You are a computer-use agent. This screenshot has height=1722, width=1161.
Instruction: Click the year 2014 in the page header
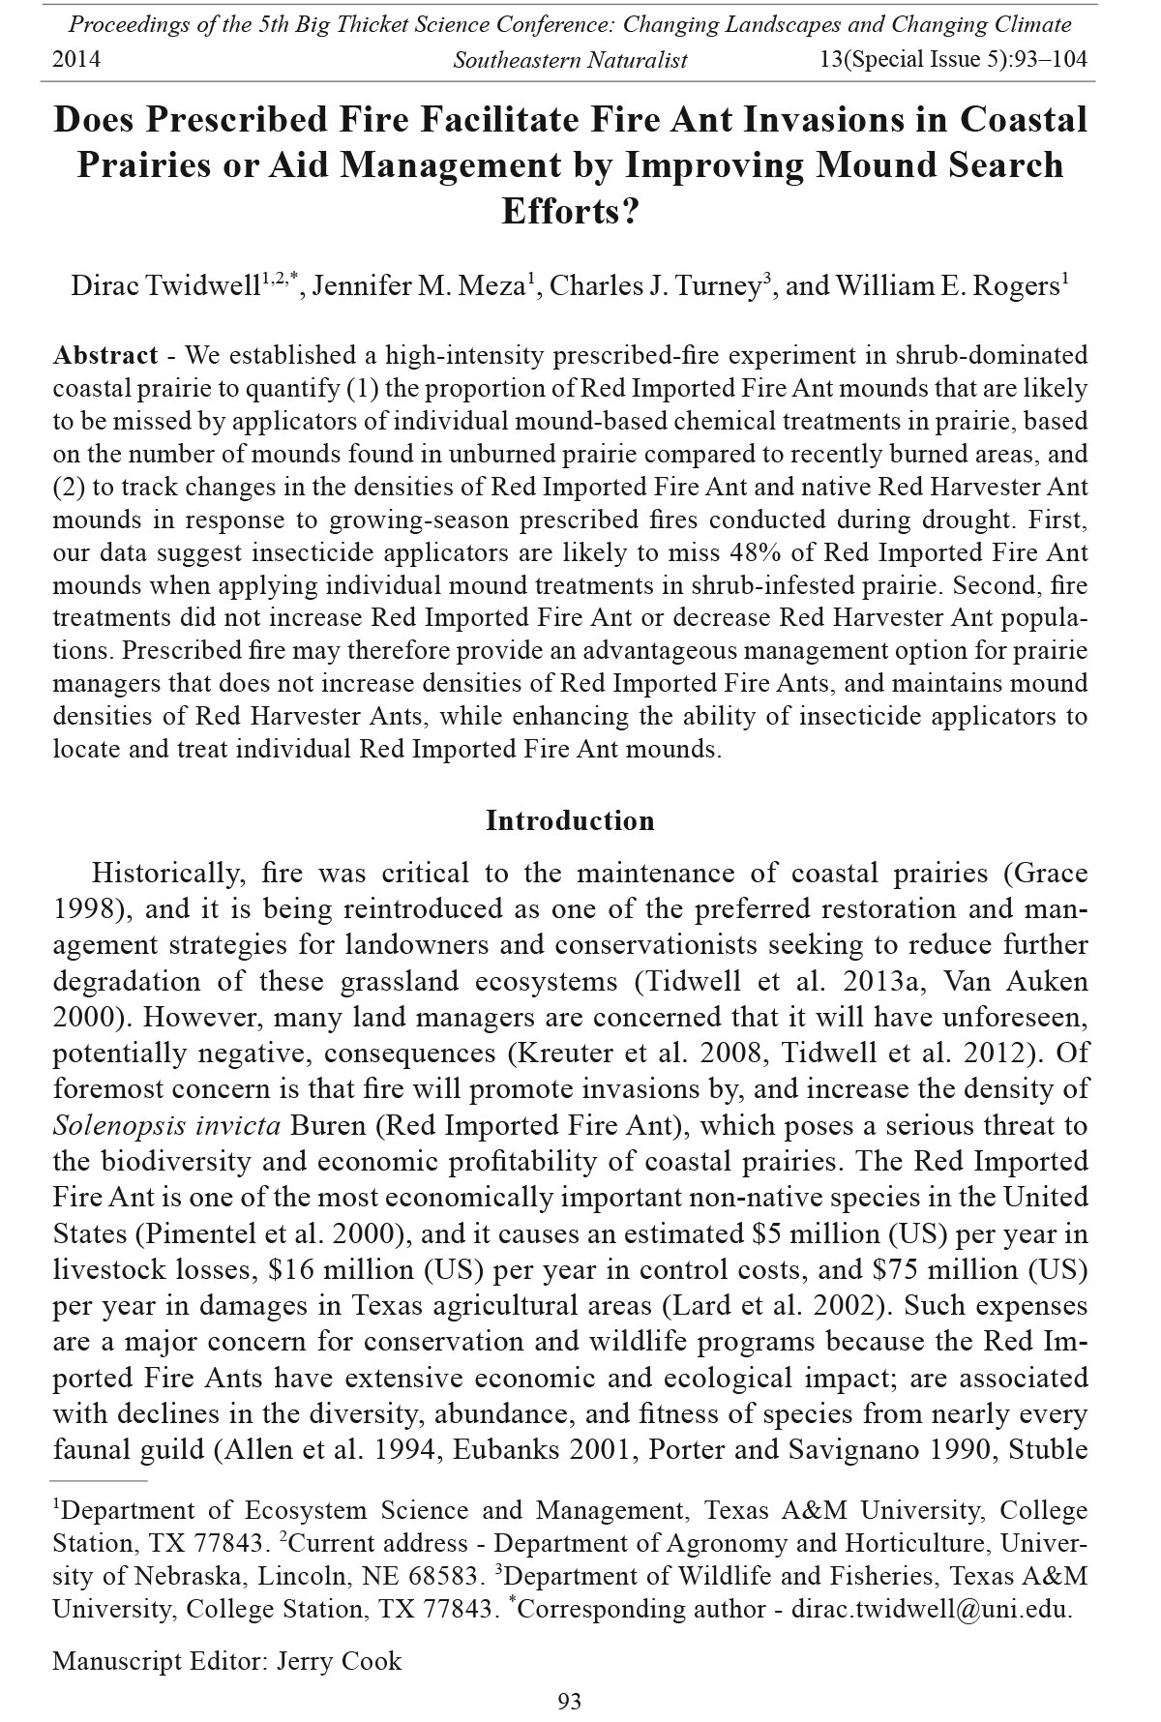point(76,60)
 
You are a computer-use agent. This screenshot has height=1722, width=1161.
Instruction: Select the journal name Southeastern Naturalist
point(570,60)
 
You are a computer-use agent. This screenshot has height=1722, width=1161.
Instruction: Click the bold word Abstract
point(105,355)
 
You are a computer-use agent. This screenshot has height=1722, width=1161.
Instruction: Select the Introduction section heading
point(570,820)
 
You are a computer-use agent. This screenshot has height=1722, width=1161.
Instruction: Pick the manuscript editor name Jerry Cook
point(339,1661)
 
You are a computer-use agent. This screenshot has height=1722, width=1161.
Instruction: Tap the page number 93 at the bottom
point(570,1701)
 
